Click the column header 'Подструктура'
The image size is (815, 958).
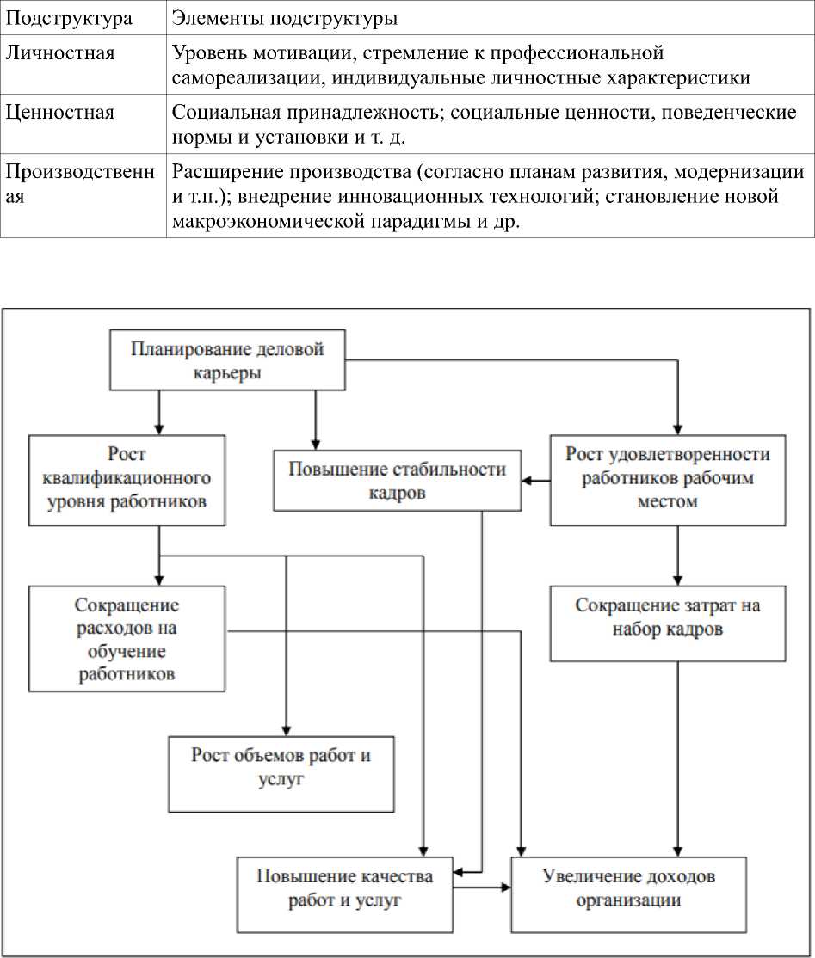pyautogui.click(x=70, y=18)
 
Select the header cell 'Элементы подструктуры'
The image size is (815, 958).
pyautogui.click(x=283, y=18)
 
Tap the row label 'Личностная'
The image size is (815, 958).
pyautogui.click(x=60, y=53)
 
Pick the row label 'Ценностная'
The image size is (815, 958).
pyautogui.click(x=60, y=113)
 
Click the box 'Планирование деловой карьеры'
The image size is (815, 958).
pyautogui.click(x=227, y=360)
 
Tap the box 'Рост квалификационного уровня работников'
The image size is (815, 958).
pyautogui.click(x=127, y=480)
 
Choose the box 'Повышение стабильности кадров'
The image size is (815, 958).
pyautogui.click(x=397, y=481)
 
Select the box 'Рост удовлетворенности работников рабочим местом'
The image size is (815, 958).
pyautogui.click(x=667, y=477)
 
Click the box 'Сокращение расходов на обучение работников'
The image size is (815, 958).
pyautogui.click(x=127, y=639)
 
